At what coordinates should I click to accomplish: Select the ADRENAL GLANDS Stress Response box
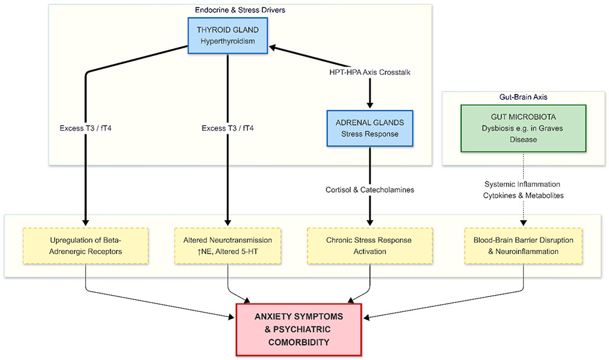[370, 128]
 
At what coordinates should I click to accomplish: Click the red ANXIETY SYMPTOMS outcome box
[299, 329]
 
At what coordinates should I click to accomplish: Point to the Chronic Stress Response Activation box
[371, 246]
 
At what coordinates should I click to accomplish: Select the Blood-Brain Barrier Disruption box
[523, 246]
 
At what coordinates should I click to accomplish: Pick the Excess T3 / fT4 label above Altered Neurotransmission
[228, 128]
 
